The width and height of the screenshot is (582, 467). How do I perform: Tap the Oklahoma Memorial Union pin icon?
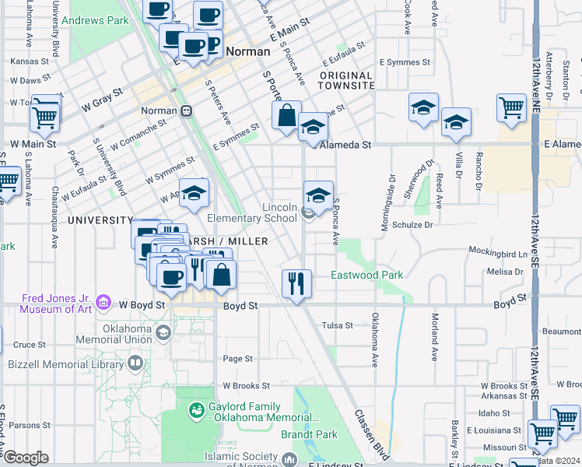point(163,333)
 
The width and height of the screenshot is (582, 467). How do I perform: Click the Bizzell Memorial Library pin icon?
point(135,363)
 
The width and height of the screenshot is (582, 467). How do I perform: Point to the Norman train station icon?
point(186,111)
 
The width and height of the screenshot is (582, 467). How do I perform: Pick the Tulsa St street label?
point(338,325)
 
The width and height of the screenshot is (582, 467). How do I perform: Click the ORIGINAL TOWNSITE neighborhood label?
point(335,80)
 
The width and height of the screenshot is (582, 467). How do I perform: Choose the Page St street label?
point(237,359)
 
